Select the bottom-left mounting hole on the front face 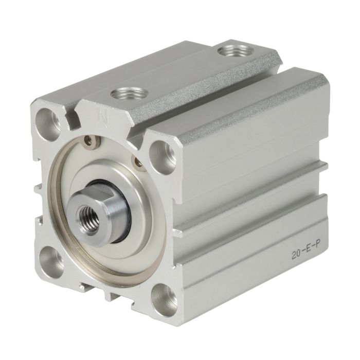tap(51, 262)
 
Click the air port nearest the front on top tap(129, 93)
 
